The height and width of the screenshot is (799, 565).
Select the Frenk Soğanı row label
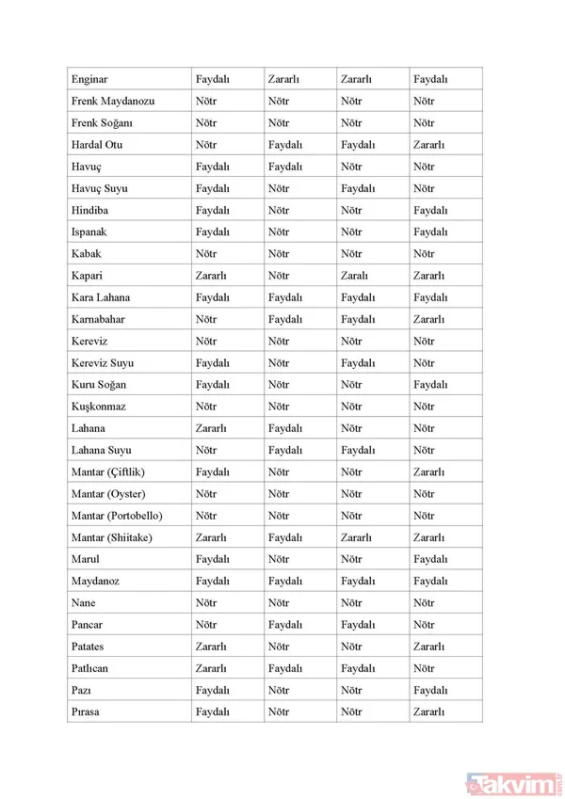pyautogui.click(x=102, y=123)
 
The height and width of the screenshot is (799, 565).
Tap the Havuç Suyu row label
pyautogui.click(x=99, y=188)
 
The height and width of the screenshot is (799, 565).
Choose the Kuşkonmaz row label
pyautogui.click(x=98, y=407)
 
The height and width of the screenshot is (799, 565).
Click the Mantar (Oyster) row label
pyautogui.click(x=107, y=494)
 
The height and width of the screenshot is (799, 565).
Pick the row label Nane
pyautogui.click(x=83, y=603)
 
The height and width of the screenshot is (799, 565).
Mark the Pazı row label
pyautogui.click(x=82, y=690)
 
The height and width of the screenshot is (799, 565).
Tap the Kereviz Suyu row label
pyautogui.click(x=102, y=363)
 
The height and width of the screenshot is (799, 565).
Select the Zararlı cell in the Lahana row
pyautogui.click(x=211, y=428)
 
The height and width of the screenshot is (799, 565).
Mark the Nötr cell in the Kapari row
pyautogui.click(x=278, y=276)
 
